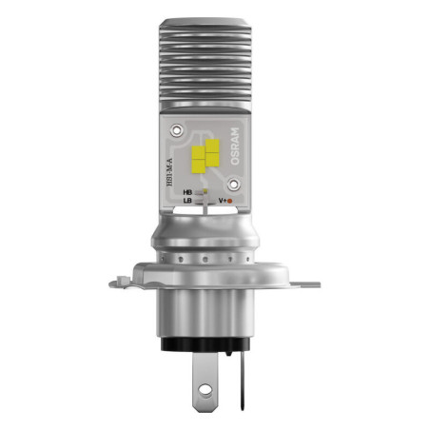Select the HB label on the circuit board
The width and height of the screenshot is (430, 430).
(187, 192)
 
